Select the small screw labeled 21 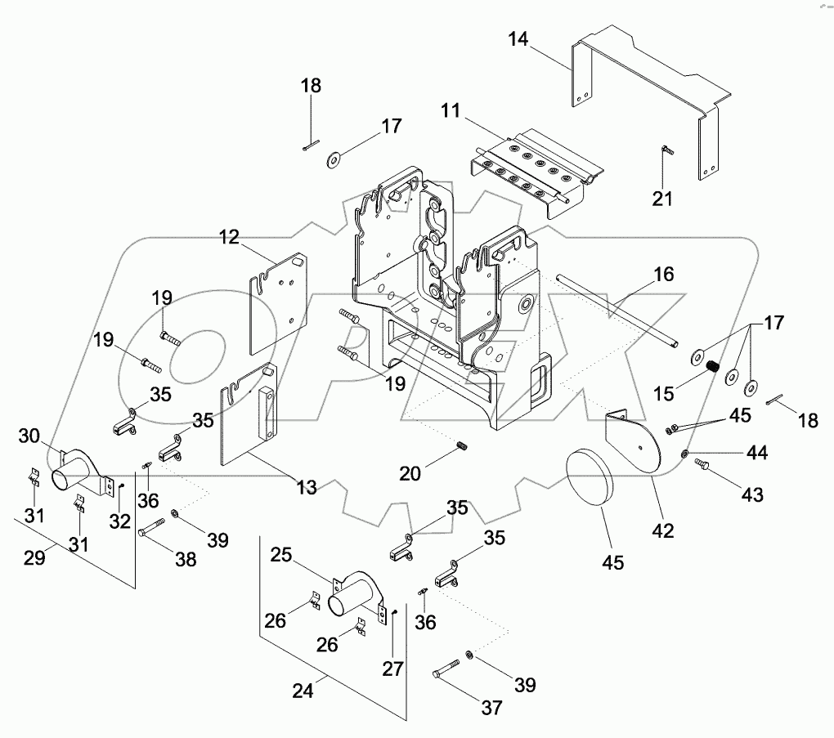[x=665, y=152]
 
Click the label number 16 [x=663, y=274]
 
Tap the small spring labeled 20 [x=460, y=445]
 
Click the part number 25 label [x=280, y=556]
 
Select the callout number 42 [x=662, y=530]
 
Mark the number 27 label [x=393, y=669]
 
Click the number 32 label [x=120, y=521]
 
